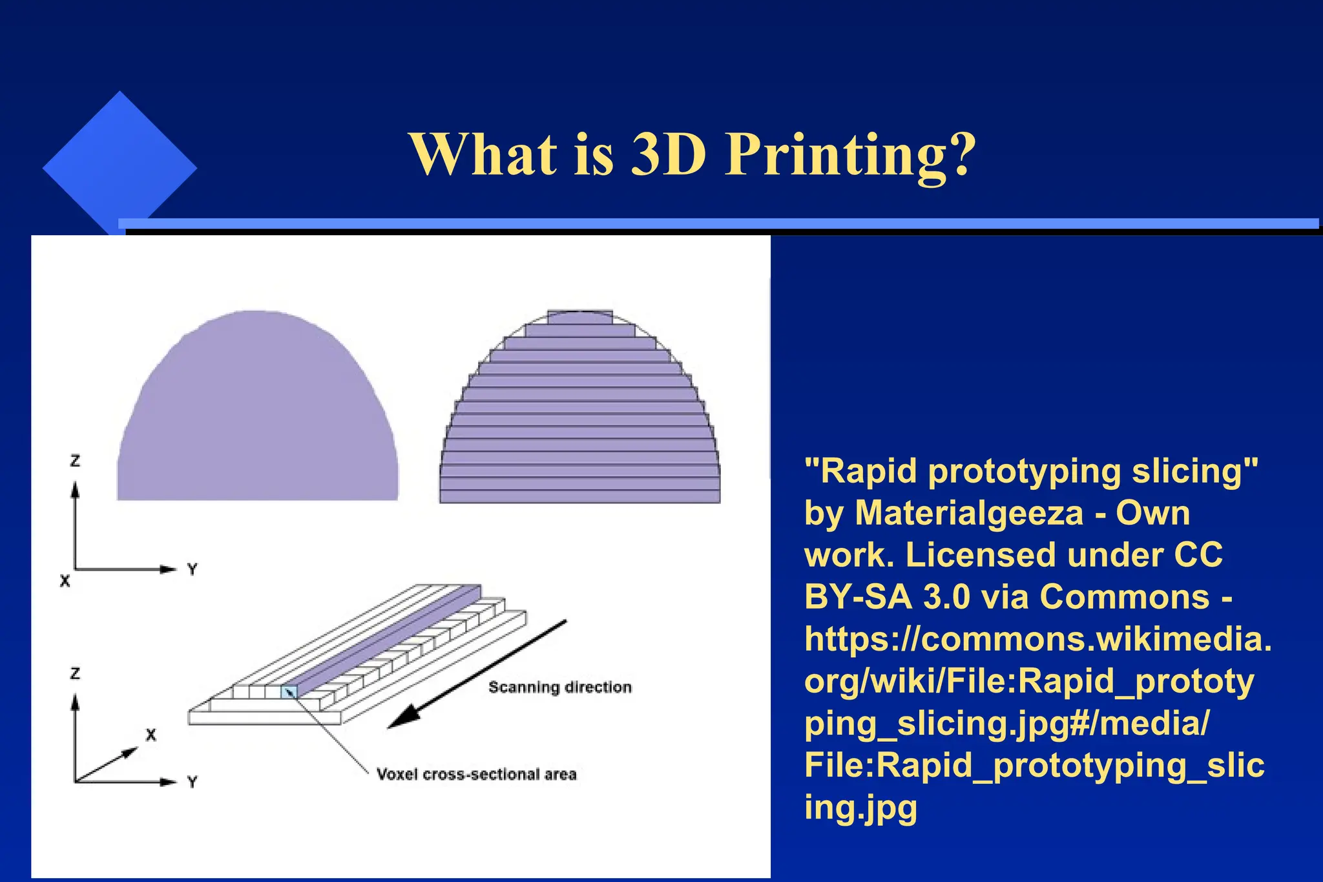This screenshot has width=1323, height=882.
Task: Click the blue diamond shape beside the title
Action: pos(120,167)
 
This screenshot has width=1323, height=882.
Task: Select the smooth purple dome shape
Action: pos(257,414)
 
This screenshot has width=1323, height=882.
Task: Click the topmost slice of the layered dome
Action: pos(579,317)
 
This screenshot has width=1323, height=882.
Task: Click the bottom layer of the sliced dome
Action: pos(579,496)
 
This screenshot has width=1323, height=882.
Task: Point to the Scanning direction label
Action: pos(559,687)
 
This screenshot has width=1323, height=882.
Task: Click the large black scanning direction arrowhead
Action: pos(404,717)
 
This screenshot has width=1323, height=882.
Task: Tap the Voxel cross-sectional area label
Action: pos(476,774)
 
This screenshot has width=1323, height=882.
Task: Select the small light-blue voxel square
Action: pos(289,692)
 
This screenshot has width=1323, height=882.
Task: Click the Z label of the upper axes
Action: pos(75,461)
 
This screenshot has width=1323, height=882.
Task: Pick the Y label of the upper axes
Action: pos(192,569)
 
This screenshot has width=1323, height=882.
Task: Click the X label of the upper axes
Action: pos(65,581)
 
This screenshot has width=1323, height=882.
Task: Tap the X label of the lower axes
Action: pos(151,735)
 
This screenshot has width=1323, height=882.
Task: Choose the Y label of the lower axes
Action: pos(192,782)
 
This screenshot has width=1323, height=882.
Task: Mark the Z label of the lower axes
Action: pos(75,673)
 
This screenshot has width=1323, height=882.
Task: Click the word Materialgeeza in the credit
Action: pos(968,513)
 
